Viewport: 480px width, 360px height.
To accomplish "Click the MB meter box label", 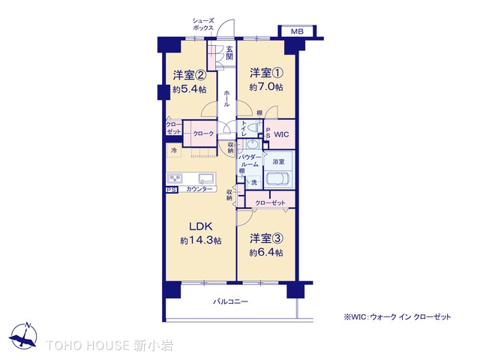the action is tap(297, 31).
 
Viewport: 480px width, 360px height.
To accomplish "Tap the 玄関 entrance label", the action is tap(229, 52).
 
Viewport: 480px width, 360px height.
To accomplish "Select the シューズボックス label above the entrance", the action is tap(203, 24).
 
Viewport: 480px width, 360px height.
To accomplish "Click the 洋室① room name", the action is tap(266, 73).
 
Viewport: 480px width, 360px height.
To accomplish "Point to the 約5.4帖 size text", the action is tap(190, 89).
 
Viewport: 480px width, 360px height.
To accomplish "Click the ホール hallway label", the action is tap(226, 98).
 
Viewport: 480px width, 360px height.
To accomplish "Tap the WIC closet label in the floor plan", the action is tap(281, 134).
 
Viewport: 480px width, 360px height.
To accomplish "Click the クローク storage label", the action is tap(203, 133).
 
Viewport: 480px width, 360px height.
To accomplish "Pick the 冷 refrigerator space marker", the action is tap(174, 151).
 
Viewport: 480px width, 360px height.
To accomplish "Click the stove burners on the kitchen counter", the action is tap(175, 178).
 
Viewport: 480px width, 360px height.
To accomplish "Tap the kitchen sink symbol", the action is tap(207, 178).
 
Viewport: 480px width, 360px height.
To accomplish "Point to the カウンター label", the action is tap(199, 189).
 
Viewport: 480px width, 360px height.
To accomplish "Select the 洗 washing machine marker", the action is tap(254, 182).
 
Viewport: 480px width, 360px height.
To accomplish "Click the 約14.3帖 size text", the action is tap(201, 241).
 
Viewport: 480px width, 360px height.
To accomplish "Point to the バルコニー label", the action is tap(230, 301).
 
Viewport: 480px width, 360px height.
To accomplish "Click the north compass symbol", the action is tap(23, 335).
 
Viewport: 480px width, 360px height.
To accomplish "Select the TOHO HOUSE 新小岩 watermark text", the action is tap(109, 345).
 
